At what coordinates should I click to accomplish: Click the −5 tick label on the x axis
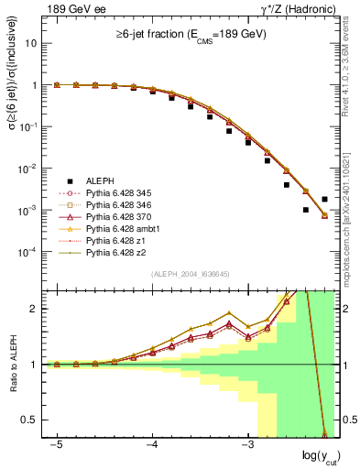click(x=57, y=444)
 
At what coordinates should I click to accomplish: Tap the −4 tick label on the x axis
click(x=152, y=444)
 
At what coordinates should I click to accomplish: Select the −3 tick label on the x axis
click(x=247, y=444)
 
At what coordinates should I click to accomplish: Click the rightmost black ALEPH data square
click(x=324, y=199)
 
